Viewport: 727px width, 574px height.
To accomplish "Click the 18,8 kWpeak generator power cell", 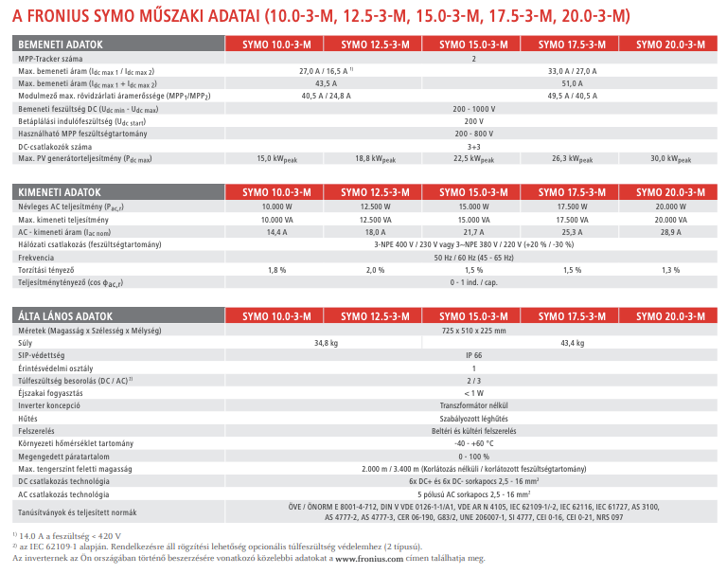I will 374,158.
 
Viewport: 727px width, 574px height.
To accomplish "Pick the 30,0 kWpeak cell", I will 671,158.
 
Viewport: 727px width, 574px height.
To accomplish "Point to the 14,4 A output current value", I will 276,231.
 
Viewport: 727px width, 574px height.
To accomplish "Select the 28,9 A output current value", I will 671,231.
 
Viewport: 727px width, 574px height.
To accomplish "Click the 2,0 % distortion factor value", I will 375,270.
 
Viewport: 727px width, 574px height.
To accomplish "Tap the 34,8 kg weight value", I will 326,342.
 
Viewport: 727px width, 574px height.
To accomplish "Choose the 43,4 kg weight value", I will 573,342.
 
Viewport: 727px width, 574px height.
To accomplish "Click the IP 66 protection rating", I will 473,354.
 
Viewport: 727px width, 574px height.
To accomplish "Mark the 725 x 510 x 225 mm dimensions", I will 473,330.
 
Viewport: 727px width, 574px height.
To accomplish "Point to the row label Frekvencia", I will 37,257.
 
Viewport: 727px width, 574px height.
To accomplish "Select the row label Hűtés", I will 28,418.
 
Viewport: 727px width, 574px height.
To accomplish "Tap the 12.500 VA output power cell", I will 375,219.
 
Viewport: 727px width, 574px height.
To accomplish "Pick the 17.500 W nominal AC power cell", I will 573,206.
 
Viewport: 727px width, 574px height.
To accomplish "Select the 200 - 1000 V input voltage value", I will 473,109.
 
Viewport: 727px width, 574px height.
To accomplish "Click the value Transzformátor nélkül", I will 473,404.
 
